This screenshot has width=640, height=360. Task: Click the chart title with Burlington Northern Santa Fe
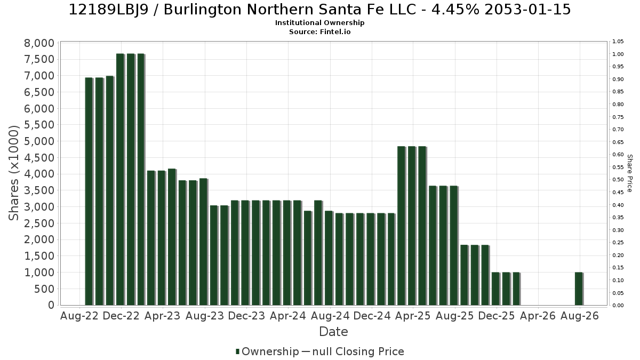click(x=319, y=10)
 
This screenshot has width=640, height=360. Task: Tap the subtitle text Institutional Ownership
click(x=319, y=23)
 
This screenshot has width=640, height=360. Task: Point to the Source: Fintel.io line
click(x=319, y=31)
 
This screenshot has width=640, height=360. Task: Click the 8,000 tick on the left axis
click(x=39, y=43)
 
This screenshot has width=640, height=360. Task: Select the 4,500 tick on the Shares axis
click(x=39, y=158)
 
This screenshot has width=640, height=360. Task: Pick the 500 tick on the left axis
click(x=44, y=289)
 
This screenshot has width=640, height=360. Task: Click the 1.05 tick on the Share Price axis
click(x=618, y=42)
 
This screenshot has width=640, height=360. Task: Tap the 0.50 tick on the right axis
click(x=618, y=180)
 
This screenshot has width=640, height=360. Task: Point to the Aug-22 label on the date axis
click(x=79, y=316)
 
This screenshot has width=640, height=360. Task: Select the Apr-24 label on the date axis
click(x=288, y=316)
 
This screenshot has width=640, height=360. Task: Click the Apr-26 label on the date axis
click(x=538, y=316)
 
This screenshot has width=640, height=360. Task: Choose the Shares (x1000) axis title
click(x=13, y=173)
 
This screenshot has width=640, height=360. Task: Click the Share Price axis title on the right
click(x=630, y=173)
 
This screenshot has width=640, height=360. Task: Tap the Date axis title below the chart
click(x=333, y=332)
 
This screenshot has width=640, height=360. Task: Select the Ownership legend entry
click(x=267, y=351)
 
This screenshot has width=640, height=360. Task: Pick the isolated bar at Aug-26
click(x=579, y=289)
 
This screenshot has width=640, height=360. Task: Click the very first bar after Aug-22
click(x=89, y=191)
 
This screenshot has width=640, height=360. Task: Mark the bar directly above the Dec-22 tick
click(x=121, y=179)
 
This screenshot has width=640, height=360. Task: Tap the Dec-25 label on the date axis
click(x=497, y=316)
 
